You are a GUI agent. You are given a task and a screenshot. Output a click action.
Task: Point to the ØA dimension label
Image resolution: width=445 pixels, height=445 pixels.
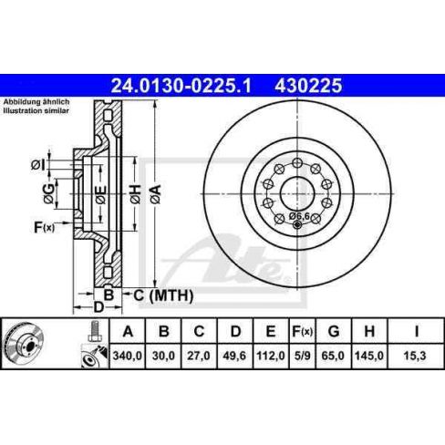click(x=156, y=191)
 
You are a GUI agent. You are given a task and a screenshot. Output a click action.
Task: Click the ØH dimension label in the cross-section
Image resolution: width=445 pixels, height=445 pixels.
click(x=134, y=191)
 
